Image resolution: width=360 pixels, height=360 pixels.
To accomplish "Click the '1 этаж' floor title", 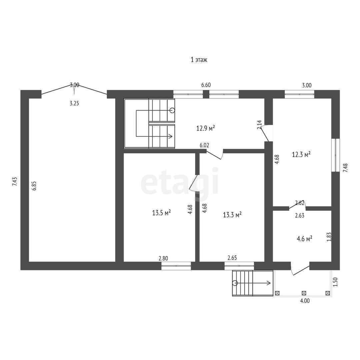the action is (199, 60).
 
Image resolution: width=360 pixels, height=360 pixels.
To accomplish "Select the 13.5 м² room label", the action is (162, 213).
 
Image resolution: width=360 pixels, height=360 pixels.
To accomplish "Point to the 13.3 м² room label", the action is (232, 215).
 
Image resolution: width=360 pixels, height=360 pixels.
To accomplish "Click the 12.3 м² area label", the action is (301, 154).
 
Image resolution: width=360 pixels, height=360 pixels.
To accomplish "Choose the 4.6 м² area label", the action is (304, 239).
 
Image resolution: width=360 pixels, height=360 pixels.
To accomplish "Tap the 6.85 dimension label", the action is (34, 186).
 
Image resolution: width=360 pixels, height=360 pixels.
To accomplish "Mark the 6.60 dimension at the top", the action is (206, 85).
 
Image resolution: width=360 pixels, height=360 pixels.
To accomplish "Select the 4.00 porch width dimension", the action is (305, 300).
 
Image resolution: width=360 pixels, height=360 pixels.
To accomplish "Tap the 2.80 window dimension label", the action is (163, 258).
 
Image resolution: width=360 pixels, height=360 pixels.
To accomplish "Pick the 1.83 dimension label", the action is (329, 237).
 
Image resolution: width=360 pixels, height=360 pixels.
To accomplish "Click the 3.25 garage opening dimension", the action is (74, 103).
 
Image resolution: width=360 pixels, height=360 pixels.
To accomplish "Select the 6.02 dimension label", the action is (204, 145).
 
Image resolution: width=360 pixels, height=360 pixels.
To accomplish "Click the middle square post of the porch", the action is (304, 293).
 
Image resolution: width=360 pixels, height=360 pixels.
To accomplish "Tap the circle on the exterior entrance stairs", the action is (235, 283).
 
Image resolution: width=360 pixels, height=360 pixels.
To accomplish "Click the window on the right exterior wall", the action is (336, 155).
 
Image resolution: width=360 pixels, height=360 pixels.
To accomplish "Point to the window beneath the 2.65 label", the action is (239, 266).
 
